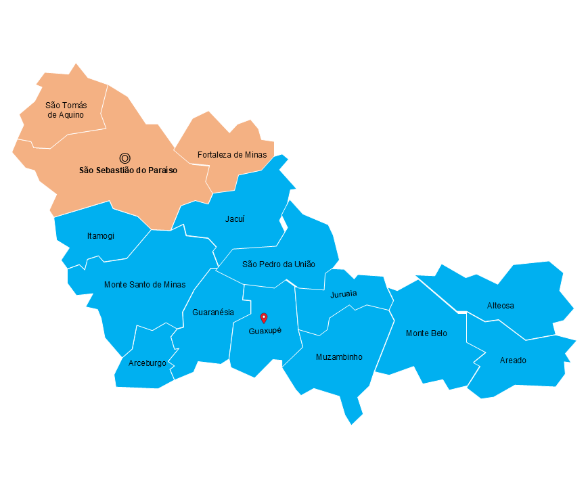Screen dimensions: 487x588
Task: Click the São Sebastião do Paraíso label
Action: coord(128,170)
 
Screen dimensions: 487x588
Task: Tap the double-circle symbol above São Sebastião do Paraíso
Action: coord(125,158)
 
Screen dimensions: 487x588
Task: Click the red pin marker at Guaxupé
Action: coord(264,317)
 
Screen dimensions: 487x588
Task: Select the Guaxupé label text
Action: coord(265,331)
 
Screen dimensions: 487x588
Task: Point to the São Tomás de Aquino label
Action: coord(66,110)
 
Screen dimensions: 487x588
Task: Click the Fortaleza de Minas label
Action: coord(232,155)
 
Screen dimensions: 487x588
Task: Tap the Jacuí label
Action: coord(235,219)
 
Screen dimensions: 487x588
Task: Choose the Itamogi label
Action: coord(101,236)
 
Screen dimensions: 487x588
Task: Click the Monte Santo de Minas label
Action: coord(145,285)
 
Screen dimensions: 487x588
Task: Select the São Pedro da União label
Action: coord(279,264)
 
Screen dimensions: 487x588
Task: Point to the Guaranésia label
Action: coord(213,312)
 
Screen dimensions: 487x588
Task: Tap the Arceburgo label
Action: coord(147,363)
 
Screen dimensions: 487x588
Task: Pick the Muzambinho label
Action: coord(339,357)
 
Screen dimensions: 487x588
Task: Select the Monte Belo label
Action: coord(426,333)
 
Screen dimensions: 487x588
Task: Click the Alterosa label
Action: coord(501,306)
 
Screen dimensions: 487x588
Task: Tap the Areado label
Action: coord(513,361)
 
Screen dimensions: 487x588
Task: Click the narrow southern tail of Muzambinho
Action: coord(352,409)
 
